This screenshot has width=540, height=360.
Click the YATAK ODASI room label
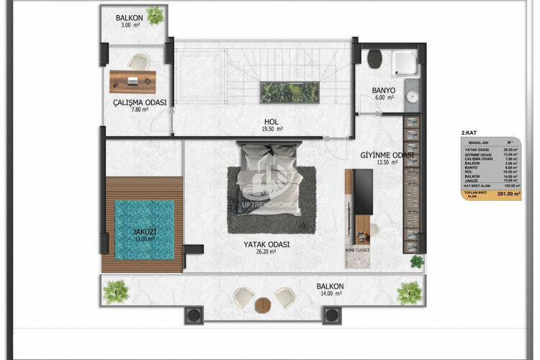pos(266,245)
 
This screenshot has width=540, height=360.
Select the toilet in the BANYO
pos(374,58)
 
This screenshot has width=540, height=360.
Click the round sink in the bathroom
pos(413,96)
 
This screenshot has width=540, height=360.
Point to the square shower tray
pos(405,63)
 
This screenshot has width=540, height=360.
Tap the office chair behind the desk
pos(138,63)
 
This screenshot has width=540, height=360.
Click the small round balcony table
pos(264,304)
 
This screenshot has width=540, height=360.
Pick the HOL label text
pos(271,122)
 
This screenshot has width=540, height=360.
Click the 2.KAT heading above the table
pos(469,132)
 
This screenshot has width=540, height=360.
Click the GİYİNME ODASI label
pos(387,155)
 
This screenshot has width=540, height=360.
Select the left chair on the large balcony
pos(245,296)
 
